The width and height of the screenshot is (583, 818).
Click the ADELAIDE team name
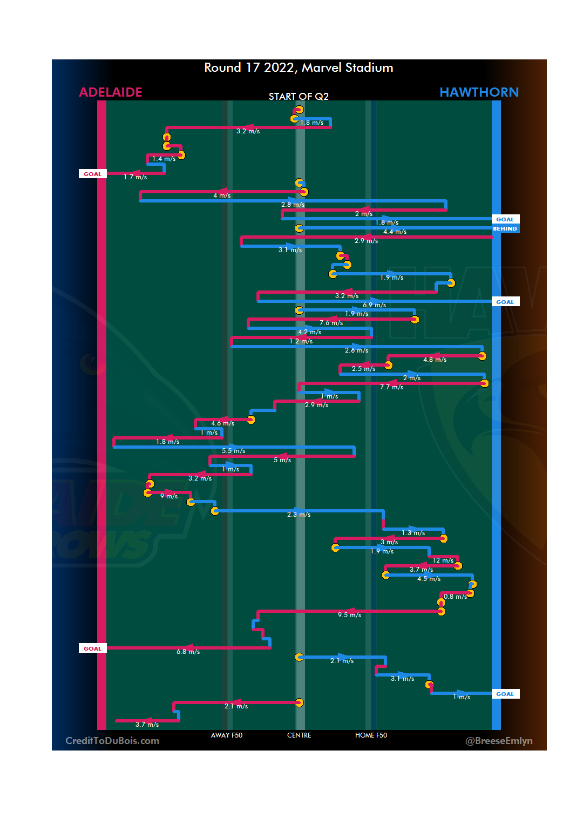click(111, 92)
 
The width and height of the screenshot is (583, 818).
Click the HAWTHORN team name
click(479, 92)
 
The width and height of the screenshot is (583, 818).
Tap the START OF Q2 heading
click(299, 97)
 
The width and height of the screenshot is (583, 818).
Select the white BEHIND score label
click(505, 229)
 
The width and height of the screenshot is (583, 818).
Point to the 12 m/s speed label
click(443, 560)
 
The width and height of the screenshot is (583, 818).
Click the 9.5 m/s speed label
click(349, 615)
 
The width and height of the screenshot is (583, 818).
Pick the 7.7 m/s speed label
click(391, 387)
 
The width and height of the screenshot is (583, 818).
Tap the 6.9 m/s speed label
click(374, 305)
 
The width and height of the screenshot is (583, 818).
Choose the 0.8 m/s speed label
click(455, 597)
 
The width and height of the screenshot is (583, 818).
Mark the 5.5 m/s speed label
click(233, 451)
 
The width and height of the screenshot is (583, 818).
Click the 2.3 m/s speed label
click(299, 515)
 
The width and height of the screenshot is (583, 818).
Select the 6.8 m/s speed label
click(188, 652)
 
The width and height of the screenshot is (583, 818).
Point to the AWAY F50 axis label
click(227, 735)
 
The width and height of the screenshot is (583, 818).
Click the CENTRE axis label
click(299, 735)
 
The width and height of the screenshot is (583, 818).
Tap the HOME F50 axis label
click(371, 735)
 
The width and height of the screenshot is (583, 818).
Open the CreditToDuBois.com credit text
click(112, 741)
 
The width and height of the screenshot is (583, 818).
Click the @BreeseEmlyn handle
click(499, 741)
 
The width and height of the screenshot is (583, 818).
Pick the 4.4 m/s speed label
click(395, 232)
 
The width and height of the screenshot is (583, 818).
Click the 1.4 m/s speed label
click(164, 159)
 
